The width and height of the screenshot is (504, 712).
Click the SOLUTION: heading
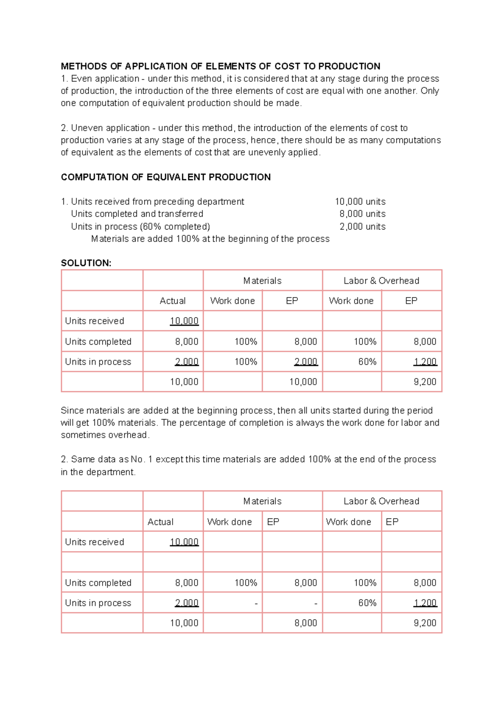86,263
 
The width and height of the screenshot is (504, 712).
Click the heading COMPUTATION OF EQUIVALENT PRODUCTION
165,177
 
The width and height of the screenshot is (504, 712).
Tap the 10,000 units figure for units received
360,202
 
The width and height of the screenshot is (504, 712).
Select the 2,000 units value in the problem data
362,227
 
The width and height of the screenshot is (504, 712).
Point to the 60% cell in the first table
367,362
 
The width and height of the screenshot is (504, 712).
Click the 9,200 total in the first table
425,382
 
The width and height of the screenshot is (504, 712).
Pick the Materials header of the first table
262,281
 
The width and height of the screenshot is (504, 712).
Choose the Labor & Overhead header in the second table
381,501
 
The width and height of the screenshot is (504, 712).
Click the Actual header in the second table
160,522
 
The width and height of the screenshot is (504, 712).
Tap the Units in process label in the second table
98,603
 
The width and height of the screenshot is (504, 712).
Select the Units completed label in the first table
98,342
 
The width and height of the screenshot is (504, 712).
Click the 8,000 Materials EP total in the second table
305,623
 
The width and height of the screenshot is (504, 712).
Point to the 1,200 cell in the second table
425,603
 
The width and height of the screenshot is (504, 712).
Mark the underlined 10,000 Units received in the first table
184,321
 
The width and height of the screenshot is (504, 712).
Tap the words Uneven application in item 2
110,128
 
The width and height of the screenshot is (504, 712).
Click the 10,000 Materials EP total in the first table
303,382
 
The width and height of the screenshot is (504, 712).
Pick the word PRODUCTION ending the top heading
349,66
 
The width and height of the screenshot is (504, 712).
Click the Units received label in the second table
94,542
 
